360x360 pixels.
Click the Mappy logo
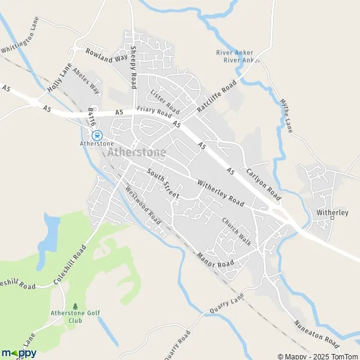[19, 353]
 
